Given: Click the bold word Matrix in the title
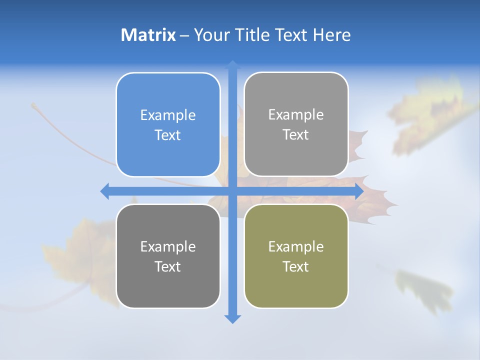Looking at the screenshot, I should (x=148, y=35).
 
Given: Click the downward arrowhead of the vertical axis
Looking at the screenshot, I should (x=232, y=319).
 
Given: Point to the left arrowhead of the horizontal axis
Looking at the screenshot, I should (x=104, y=191).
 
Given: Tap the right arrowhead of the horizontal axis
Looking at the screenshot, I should (x=359, y=191).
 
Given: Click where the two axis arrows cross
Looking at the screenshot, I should (x=232, y=191).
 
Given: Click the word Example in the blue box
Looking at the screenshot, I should (x=168, y=115).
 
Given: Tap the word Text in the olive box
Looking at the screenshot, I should (x=296, y=266).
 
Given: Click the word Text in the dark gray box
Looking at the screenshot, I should (x=168, y=266).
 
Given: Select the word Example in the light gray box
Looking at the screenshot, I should (x=296, y=114).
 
